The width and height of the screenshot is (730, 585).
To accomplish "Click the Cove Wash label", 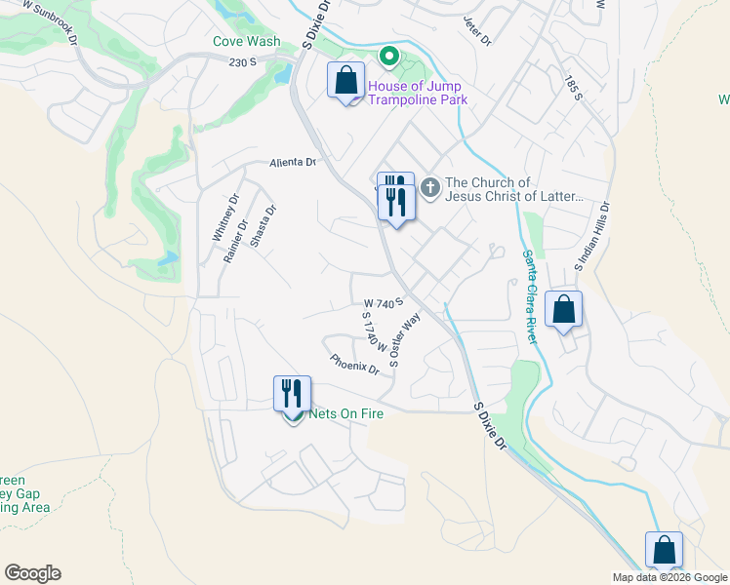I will coord(246,42).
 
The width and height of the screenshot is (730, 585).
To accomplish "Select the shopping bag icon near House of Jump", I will coord(346,81).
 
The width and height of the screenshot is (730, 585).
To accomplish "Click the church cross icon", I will coord(430,184).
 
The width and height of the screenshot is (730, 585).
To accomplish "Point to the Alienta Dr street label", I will coord(294,163).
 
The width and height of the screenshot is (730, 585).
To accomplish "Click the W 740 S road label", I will coord(384,304).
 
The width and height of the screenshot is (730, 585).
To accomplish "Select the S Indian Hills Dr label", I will coord(591,237).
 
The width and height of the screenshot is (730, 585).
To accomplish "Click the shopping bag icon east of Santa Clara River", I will coord(564,311).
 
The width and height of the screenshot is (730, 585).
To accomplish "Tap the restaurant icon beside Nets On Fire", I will coord(292,394).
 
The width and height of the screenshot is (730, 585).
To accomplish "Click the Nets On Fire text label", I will coord(345,413).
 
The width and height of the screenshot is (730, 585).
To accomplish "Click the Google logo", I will coord(32,573).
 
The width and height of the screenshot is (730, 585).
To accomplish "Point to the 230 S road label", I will coord(242,62).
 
